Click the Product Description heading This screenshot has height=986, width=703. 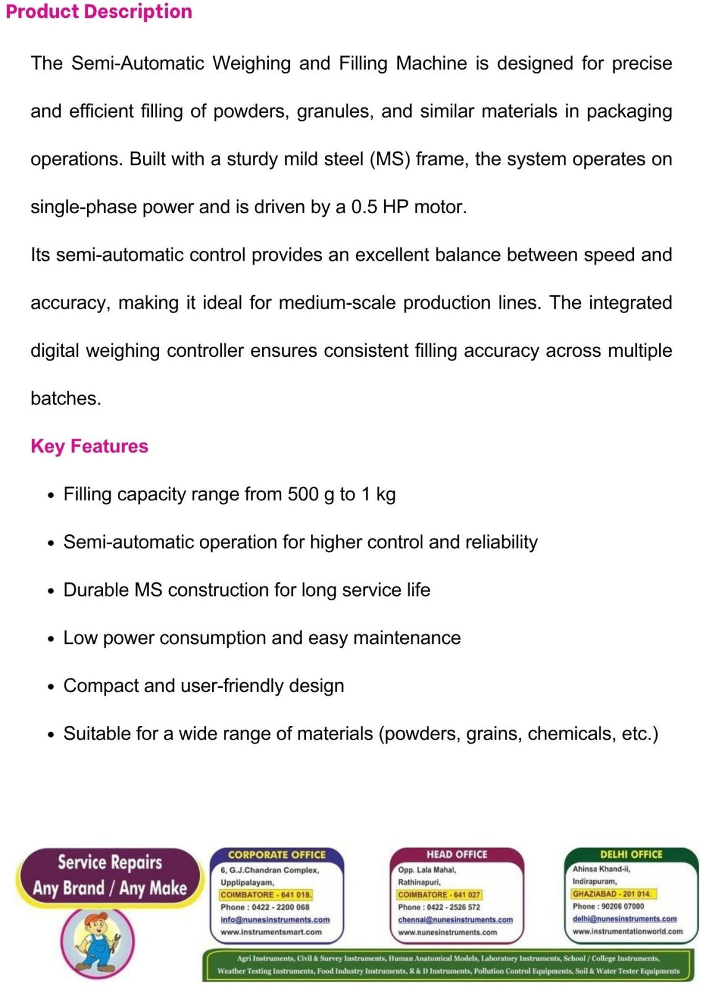99,12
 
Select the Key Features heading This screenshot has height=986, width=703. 89,446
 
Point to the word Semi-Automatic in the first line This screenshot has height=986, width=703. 138,63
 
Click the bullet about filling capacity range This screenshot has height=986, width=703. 229,494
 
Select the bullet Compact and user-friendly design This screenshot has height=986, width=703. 203,686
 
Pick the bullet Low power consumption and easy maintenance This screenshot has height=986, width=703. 262,638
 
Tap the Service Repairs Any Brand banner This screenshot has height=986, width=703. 110,875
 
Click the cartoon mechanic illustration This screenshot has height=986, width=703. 97,940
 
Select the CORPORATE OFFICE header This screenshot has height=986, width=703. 277,855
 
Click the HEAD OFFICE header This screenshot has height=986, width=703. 456,855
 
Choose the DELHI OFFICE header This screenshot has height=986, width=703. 631,855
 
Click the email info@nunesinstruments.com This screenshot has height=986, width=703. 275,919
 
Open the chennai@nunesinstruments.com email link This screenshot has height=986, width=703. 455,919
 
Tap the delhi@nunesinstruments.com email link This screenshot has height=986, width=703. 624,919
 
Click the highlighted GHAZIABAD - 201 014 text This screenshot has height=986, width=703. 612,894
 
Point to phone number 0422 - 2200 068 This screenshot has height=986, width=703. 265,907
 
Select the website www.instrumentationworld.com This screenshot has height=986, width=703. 627,931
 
